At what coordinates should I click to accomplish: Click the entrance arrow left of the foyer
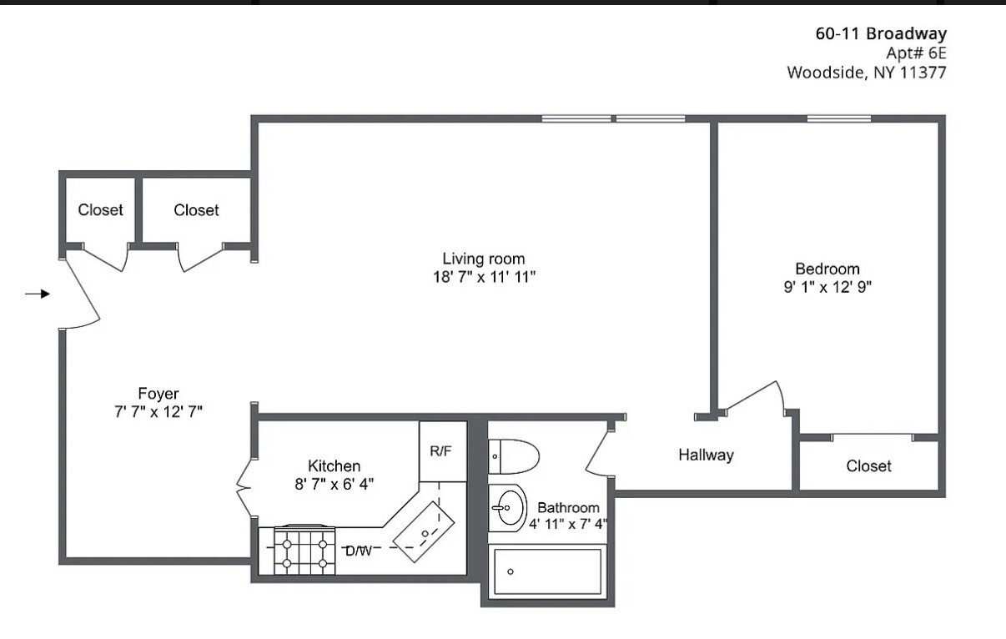click(38, 294)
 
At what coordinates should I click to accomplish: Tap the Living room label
click(483, 259)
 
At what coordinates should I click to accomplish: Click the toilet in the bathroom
click(512, 456)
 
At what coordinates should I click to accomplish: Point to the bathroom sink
click(507, 507)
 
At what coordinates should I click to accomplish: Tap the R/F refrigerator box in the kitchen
click(441, 451)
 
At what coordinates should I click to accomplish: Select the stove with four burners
click(304, 551)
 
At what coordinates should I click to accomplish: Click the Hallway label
click(706, 455)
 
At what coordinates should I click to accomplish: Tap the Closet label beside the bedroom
click(868, 465)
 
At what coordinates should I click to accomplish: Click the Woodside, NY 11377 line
click(867, 73)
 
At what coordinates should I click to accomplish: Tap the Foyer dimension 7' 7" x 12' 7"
click(158, 411)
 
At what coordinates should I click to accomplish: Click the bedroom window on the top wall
click(838, 118)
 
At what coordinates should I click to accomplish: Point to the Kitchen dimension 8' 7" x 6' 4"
click(334, 484)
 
